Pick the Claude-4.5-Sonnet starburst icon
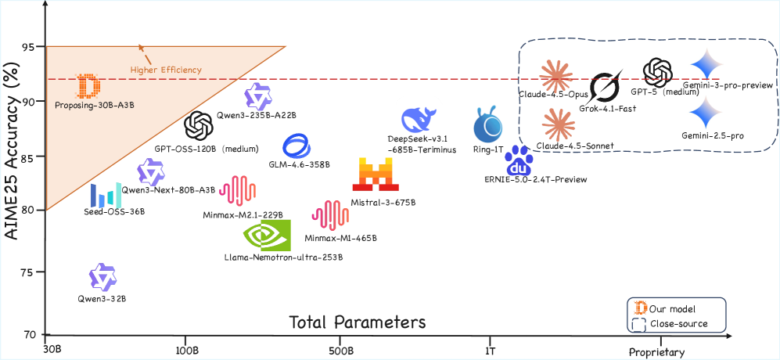coord(559,124)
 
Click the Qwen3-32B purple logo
coord(102,278)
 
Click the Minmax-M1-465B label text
coord(340,238)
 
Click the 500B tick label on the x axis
coord(340,351)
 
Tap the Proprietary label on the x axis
coord(661,352)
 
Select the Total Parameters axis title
coord(358,322)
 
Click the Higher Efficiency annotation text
coord(166,70)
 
